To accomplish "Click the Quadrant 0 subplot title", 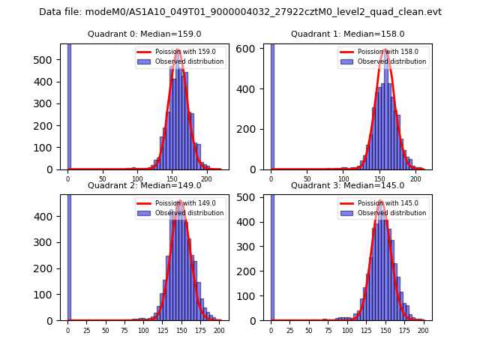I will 144,34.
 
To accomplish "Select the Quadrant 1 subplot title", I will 347,34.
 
